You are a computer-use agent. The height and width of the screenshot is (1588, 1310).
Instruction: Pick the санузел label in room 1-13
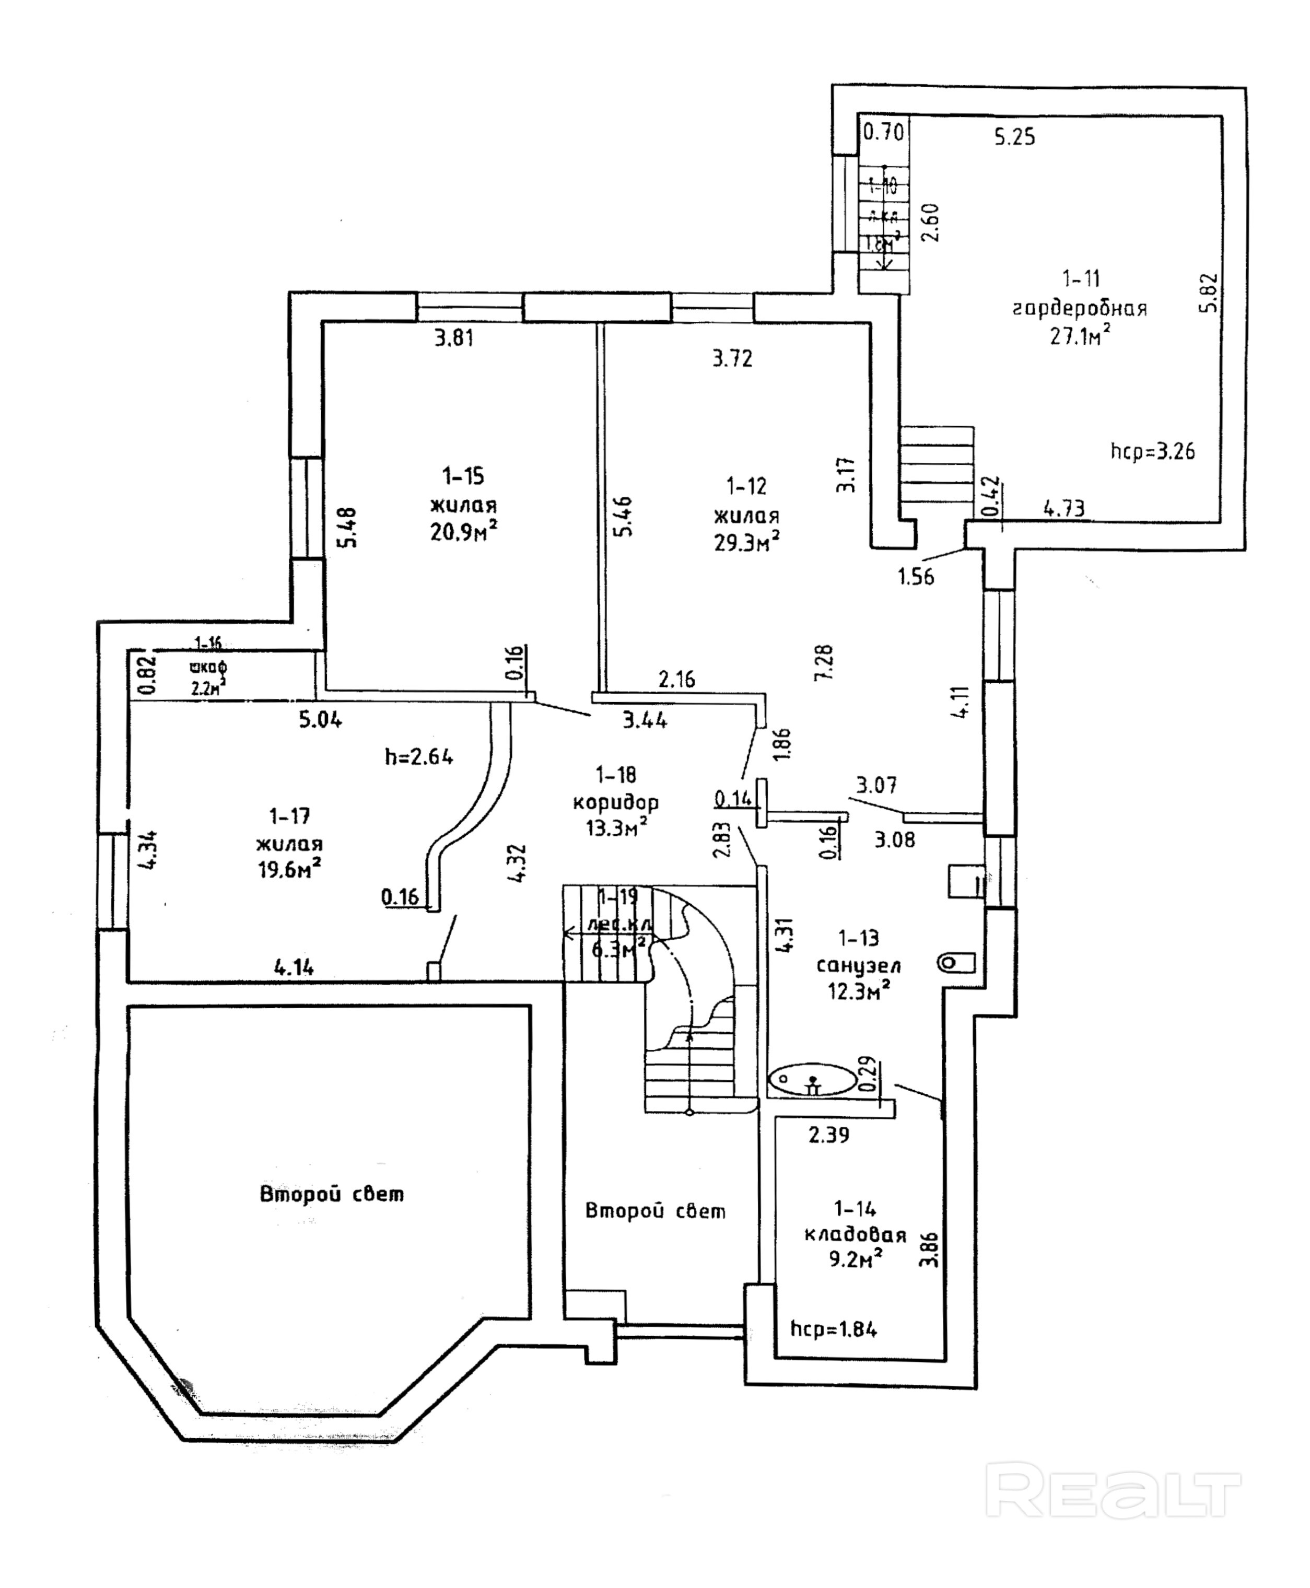point(858,965)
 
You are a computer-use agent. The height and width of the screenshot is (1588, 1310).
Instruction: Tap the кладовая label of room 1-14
point(855,1235)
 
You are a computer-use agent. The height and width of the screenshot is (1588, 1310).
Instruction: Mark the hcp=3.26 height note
point(1152,451)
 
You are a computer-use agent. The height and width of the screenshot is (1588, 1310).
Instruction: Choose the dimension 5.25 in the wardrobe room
point(1014,137)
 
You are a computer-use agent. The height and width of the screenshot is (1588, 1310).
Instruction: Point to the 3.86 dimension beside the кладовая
point(930,1249)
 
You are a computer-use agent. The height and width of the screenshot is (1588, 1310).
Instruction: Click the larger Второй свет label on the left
point(332,1194)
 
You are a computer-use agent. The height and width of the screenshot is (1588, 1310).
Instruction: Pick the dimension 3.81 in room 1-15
point(454,337)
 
